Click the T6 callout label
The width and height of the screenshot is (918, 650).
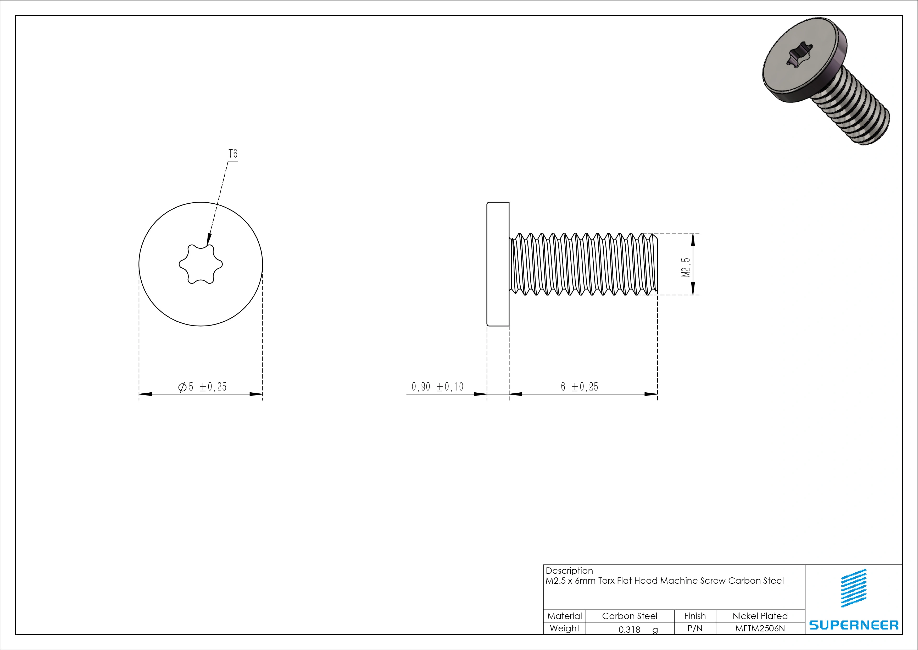coord(233,154)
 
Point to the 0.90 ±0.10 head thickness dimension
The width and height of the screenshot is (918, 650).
coord(437,387)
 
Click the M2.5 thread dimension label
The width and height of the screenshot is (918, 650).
coord(686,267)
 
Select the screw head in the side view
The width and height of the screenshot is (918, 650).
coord(498,264)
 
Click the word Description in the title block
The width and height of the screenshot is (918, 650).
coord(569,571)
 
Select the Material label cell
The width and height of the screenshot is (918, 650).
coord(564,616)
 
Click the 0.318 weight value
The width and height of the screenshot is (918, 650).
coord(629,630)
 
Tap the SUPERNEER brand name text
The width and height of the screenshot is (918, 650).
coord(854,625)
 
